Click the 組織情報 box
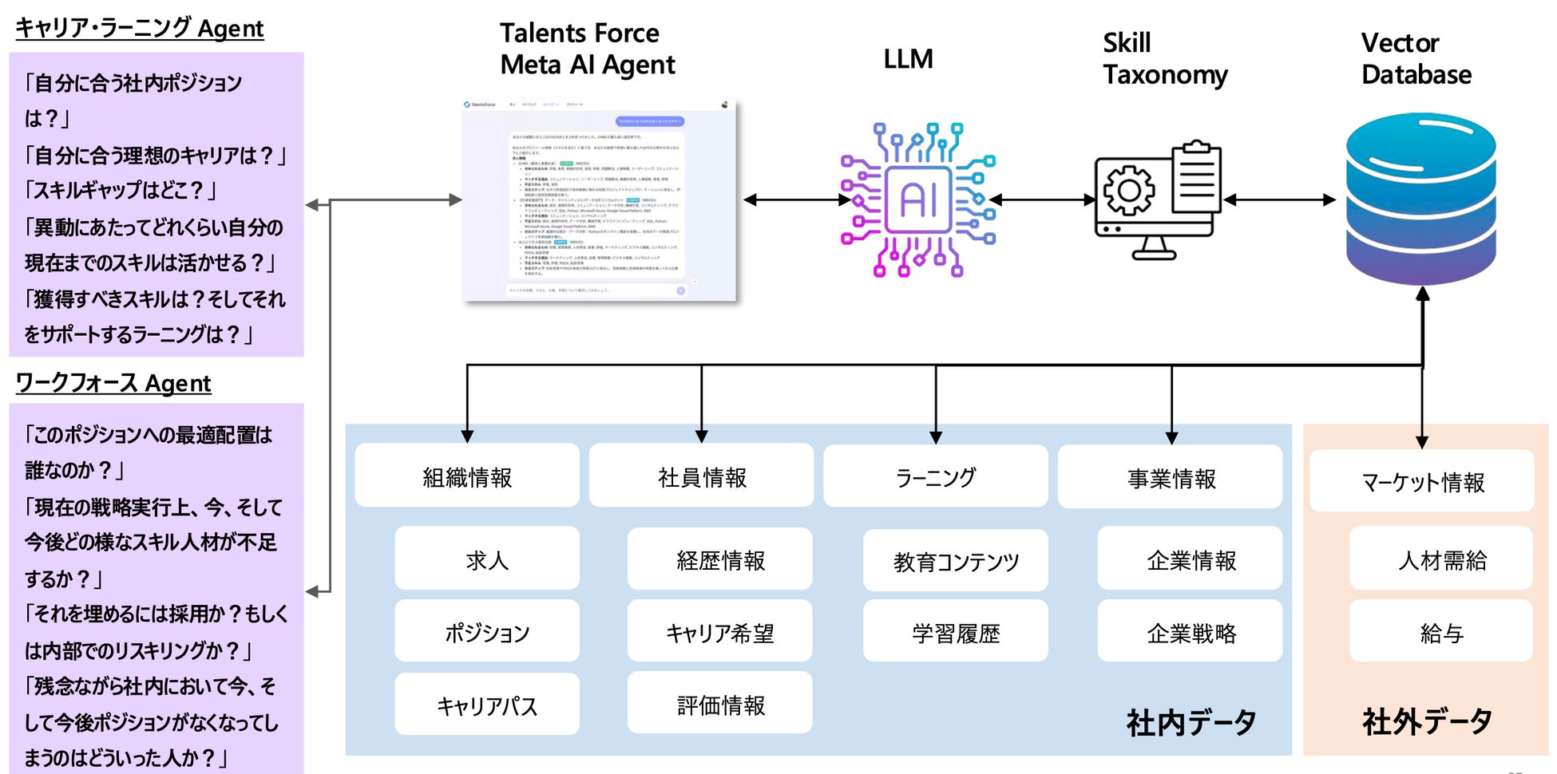(467, 476)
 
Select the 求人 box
(486, 559)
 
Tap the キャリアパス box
(486, 705)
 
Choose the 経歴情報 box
(719, 559)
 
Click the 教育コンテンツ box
(955, 561)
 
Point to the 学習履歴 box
(955, 633)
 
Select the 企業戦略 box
(1190, 633)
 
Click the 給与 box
(1440, 633)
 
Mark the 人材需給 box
(1440, 559)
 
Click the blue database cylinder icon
(1420, 199)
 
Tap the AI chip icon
(918, 199)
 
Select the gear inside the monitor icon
(1128, 191)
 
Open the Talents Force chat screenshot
(599, 200)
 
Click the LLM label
(908, 59)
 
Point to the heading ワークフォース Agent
(113, 384)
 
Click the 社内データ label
(1191, 722)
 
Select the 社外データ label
(1426, 721)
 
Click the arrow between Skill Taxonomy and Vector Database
(1279, 200)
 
